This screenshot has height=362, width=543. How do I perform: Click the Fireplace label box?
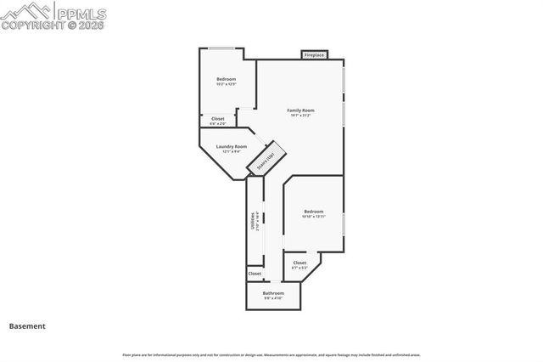coord(314,55)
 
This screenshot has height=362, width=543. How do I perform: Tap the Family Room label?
coord(300,110)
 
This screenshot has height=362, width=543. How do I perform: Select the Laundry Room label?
coord(231,146)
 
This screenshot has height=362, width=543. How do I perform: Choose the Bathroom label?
coord(272,293)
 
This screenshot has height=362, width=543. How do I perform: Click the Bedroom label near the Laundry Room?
coord(226,79)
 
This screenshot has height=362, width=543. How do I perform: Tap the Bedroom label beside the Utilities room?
coord(313,211)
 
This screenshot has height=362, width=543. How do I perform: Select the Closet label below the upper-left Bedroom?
coord(218,119)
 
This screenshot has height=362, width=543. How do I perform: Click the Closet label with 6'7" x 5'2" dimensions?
coord(299,263)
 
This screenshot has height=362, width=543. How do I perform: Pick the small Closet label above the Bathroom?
coord(255,274)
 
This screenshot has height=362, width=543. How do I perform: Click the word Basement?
coord(27,325)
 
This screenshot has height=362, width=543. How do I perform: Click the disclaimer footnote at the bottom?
coord(271,354)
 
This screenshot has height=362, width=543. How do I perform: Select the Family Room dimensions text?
coord(300,115)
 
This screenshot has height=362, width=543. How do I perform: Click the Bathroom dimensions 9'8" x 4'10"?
coord(272,298)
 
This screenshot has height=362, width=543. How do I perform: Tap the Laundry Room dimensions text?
coord(231,151)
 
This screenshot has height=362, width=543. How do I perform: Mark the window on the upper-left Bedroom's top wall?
coord(223,48)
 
